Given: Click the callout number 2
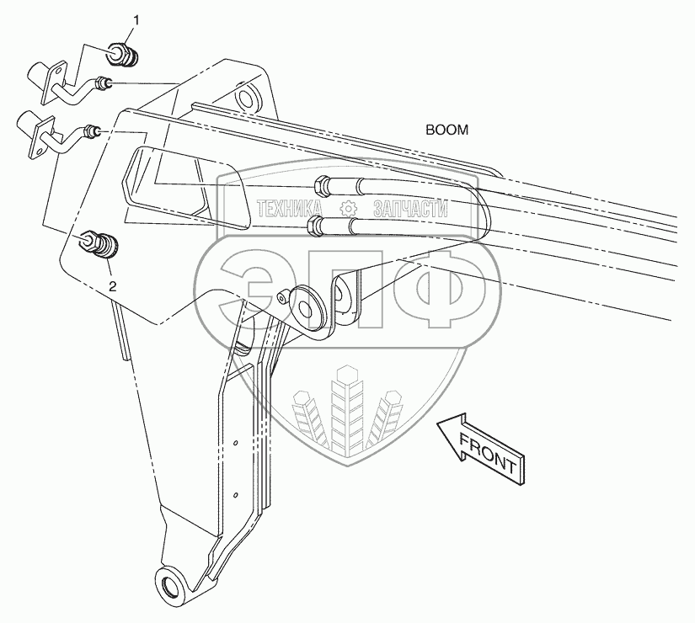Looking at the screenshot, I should pos(112,285).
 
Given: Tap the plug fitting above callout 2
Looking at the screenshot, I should pos(100,246).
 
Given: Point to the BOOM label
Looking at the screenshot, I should pos(446,130).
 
